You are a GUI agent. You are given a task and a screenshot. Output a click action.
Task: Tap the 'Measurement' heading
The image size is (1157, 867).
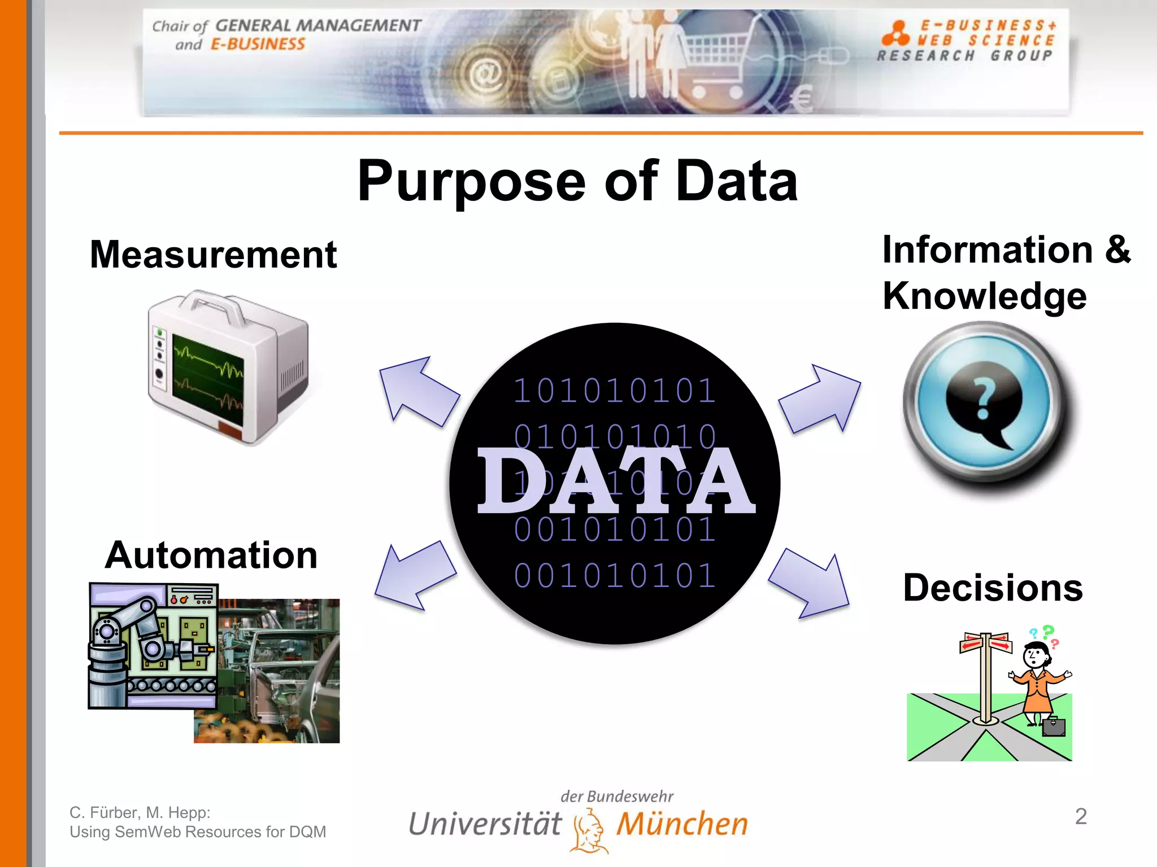[213, 255]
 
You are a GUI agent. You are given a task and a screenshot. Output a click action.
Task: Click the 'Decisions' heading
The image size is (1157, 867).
[993, 588]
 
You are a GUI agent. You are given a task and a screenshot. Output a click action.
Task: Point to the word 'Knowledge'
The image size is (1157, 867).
[984, 296]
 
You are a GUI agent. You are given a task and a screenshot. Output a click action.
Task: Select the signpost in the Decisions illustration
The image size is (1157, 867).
[986, 677]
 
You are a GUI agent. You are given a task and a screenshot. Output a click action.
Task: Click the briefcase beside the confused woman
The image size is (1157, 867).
[1053, 726]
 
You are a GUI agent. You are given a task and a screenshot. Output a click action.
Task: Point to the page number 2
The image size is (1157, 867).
[1080, 816]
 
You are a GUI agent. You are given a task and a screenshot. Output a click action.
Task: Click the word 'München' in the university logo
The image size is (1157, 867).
[682, 824]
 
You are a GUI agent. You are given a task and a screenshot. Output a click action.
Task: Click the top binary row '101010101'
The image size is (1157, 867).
[615, 391]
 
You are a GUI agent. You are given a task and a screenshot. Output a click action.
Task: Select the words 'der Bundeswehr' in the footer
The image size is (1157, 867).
[617, 796]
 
